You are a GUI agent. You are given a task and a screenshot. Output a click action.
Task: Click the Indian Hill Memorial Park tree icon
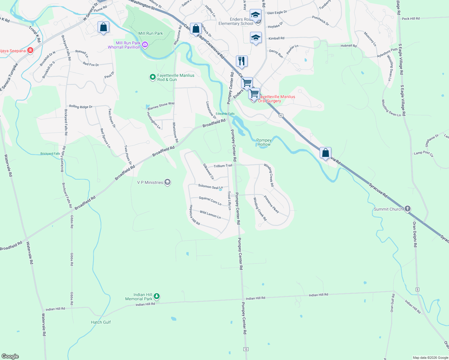pyautogui.click(x=156, y=297)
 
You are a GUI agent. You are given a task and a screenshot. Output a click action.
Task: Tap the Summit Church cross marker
pyautogui.click(x=407, y=209)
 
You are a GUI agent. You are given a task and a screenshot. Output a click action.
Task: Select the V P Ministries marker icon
pyautogui.click(x=167, y=182)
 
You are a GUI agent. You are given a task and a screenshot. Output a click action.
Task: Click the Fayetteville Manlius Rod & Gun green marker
pyautogui.click(x=152, y=77)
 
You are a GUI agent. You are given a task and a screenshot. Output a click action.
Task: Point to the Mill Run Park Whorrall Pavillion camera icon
pyautogui.click(x=145, y=45)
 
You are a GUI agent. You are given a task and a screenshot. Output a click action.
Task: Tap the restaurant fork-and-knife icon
pyautogui.click(x=242, y=61)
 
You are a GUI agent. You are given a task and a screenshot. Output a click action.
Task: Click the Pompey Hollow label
pyautogui.click(x=264, y=142)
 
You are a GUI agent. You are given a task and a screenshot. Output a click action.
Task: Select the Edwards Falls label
pyautogui.click(x=225, y=114)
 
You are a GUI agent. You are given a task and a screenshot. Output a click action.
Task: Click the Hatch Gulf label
pyautogui.click(x=101, y=322)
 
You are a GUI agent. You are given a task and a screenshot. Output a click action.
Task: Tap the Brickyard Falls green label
pyautogui.click(x=50, y=154)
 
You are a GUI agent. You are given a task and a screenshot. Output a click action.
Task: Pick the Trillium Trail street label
pyautogui.click(x=223, y=166)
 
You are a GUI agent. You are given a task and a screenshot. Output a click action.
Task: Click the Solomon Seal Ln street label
pyautogui.click(x=210, y=187)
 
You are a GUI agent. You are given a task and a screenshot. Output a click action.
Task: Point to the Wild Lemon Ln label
pyautogui.click(x=210, y=214)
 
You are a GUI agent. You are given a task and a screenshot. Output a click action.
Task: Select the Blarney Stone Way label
pyautogui.click(x=161, y=106)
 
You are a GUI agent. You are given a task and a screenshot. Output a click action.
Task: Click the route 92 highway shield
pyautogui.click(x=281, y=115)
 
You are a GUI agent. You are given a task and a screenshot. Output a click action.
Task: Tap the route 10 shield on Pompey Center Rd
pyautogui.click(x=246, y=349)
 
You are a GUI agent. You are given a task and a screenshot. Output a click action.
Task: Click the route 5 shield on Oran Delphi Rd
pyautogui.click(x=417, y=289)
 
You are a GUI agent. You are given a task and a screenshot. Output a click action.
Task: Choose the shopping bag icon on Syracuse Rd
pyautogui.click(x=325, y=153)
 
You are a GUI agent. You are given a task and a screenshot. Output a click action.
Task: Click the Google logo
pyautogui.click(x=10, y=356)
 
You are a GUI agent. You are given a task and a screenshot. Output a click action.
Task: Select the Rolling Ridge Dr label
pyautogui.click(x=81, y=106)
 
